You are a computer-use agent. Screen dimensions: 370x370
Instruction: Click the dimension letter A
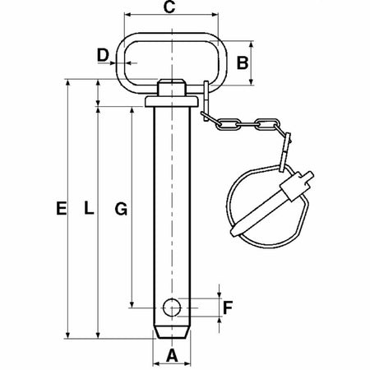(172, 354)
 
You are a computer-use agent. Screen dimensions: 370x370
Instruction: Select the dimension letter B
(243, 62)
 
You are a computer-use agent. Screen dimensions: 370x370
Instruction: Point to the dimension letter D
(103, 56)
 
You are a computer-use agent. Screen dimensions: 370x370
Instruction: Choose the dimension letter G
(120, 210)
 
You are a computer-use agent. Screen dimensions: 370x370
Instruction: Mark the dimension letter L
(89, 210)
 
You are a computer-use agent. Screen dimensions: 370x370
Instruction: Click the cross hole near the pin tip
(172, 308)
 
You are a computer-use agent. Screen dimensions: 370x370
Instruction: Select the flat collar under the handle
(172, 101)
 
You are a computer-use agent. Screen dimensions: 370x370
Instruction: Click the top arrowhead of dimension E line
(67, 82)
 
